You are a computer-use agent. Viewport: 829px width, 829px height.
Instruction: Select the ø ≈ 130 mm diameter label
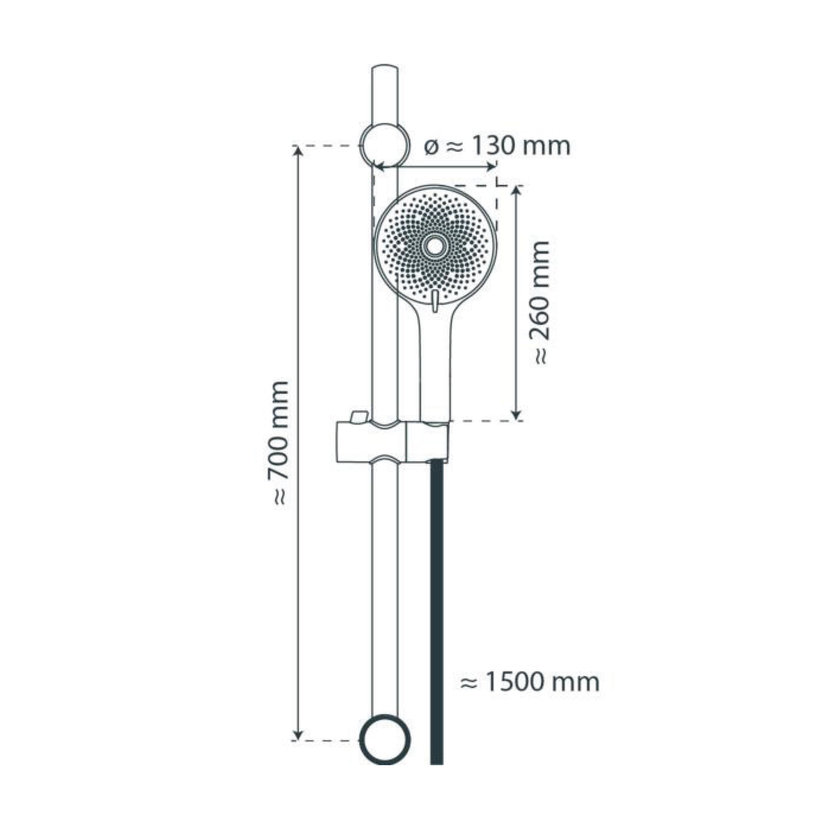(497, 147)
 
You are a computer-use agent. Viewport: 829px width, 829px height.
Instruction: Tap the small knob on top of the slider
(359, 416)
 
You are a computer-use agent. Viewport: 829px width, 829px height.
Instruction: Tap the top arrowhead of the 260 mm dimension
(517, 191)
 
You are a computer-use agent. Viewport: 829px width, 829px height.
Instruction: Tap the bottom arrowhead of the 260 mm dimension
(517, 415)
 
